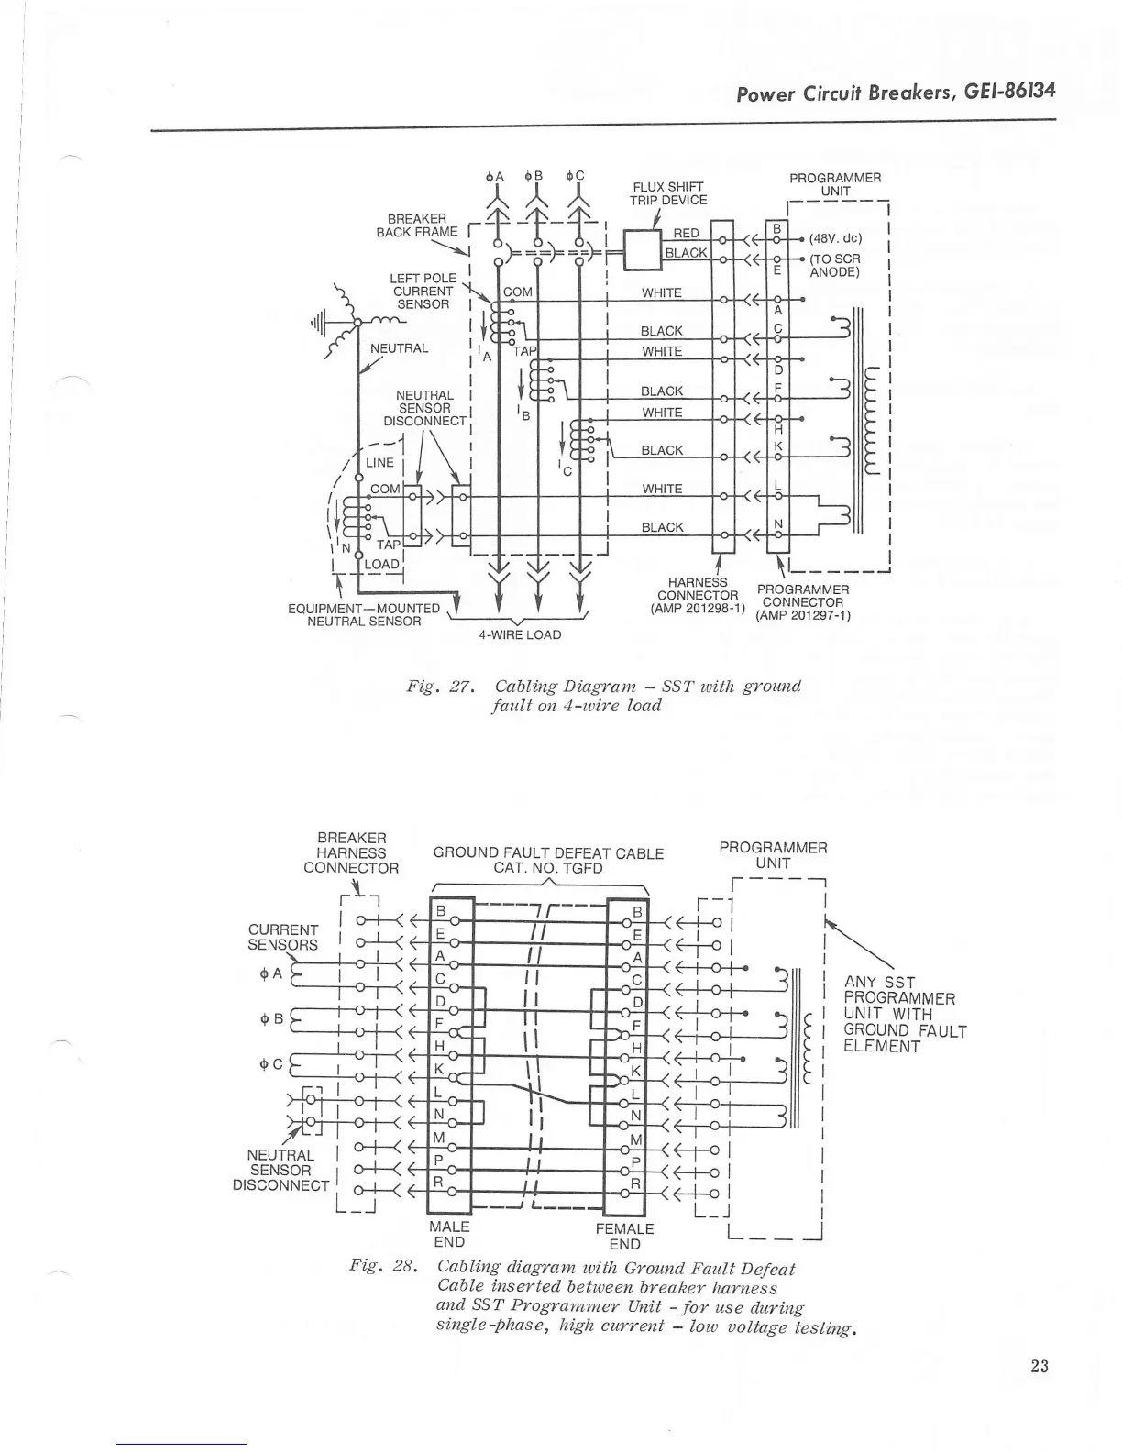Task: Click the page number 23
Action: (x=1038, y=1367)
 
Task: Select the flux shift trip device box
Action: (x=643, y=247)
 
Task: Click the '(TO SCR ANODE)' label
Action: (x=834, y=265)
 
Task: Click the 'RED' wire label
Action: (x=686, y=234)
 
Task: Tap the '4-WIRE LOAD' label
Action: (x=520, y=634)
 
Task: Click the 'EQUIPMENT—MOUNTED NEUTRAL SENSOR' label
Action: (x=364, y=614)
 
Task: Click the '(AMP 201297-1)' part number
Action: (x=802, y=615)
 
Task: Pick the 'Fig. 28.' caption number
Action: (x=384, y=1267)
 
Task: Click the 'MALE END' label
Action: (x=449, y=1234)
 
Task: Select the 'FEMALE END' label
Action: (x=624, y=1236)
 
